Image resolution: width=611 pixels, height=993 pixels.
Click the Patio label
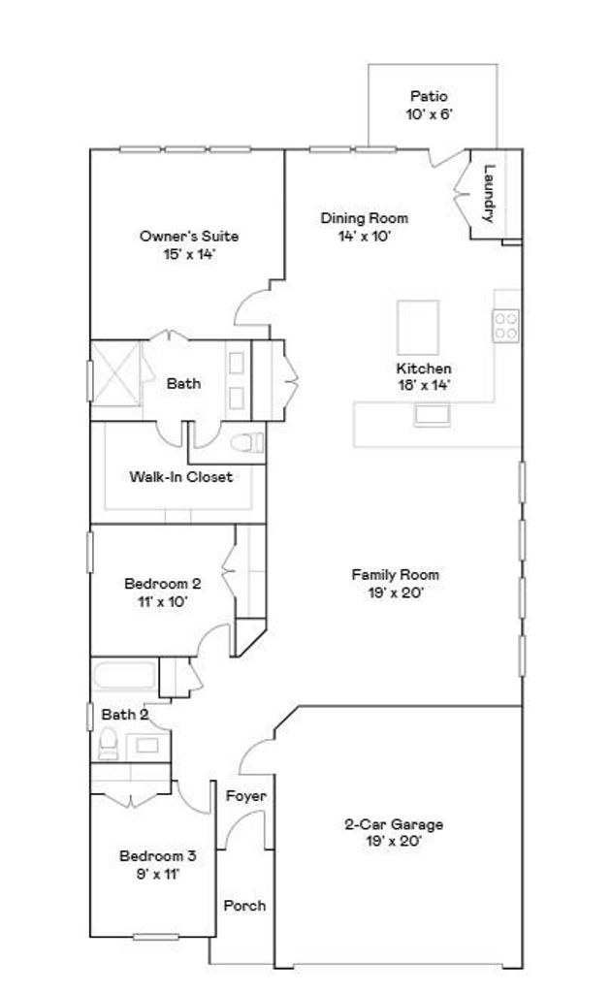click(x=430, y=96)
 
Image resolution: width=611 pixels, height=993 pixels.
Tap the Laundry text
click(x=488, y=193)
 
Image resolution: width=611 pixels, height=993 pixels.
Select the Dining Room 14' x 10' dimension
click(x=364, y=237)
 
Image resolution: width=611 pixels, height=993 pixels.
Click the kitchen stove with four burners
click(x=506, y=326)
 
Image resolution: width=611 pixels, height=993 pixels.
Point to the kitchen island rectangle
click(x=418, y=328)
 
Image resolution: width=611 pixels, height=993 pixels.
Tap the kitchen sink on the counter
click(x=432, y=415)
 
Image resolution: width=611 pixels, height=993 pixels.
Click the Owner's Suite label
click(x=189, y=237)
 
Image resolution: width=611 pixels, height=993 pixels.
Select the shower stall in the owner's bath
click(x=115, y=373)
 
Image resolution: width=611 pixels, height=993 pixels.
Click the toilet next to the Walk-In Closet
click(x=247, y=442)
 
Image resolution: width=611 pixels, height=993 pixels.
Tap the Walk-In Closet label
click(x=181, y=476)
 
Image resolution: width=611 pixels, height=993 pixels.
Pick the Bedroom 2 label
click(x=163, y=583)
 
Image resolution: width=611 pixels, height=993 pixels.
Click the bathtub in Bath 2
click(x=125, y=676)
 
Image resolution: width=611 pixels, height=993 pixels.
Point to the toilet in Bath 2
click(x=109, y=743)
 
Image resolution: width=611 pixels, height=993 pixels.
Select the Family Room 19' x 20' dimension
click(x=396, y=593)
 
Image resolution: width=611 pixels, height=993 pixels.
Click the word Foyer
click(x=246, y=796)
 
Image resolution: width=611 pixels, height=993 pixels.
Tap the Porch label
click(x=245, y=906)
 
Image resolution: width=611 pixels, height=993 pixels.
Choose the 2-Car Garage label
click(x=394, y=824)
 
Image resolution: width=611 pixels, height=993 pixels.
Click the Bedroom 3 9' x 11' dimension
click(x=158, y=875)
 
